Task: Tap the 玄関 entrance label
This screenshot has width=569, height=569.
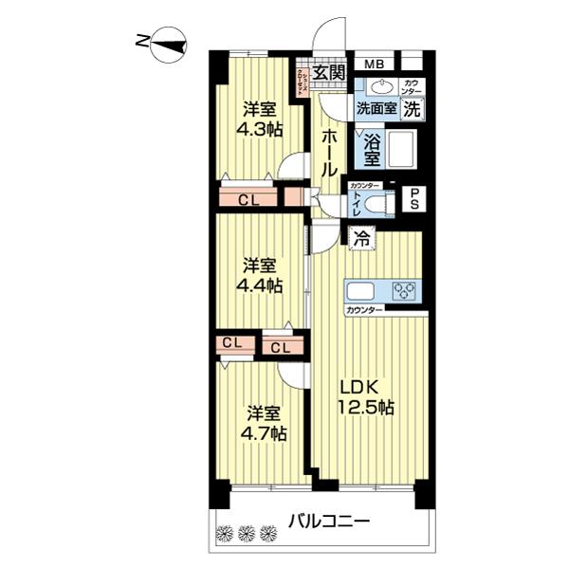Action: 329,71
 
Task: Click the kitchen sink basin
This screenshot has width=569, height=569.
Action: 362,290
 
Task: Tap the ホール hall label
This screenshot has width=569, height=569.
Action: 329,153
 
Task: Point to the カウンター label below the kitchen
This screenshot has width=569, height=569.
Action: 365,310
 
